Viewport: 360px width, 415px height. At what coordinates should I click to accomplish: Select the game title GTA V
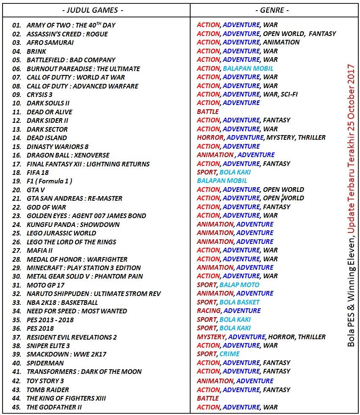click(36, 190)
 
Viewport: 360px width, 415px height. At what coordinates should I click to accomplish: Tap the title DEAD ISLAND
click(47, 138)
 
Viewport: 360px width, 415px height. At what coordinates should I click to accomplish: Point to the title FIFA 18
click(37, 172)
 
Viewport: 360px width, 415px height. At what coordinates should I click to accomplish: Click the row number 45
click(17, 407)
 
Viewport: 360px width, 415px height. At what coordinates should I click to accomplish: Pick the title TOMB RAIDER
click(47, 390)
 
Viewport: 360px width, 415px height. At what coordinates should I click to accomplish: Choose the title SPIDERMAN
click(45, 363)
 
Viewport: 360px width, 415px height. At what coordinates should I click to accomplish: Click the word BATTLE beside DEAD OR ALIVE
click(208, 112)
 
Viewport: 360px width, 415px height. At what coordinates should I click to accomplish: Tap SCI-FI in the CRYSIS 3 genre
click(289, 94)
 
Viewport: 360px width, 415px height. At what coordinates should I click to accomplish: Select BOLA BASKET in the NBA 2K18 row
click(239, 302)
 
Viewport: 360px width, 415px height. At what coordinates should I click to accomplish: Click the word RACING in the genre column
click(208, 311)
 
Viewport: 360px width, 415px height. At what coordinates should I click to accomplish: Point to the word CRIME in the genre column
click(229, 354)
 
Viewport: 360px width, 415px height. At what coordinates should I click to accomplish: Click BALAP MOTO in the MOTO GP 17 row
click(239, 285)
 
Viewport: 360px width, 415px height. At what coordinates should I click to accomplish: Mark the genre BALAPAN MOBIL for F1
click(222, 181)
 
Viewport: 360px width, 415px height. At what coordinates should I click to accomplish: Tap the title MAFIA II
click(39, 250)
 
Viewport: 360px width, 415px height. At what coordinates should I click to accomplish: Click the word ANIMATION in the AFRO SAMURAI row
click(281, 42)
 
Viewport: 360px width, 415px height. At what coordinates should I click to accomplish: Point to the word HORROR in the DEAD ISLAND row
click(210, 138)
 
